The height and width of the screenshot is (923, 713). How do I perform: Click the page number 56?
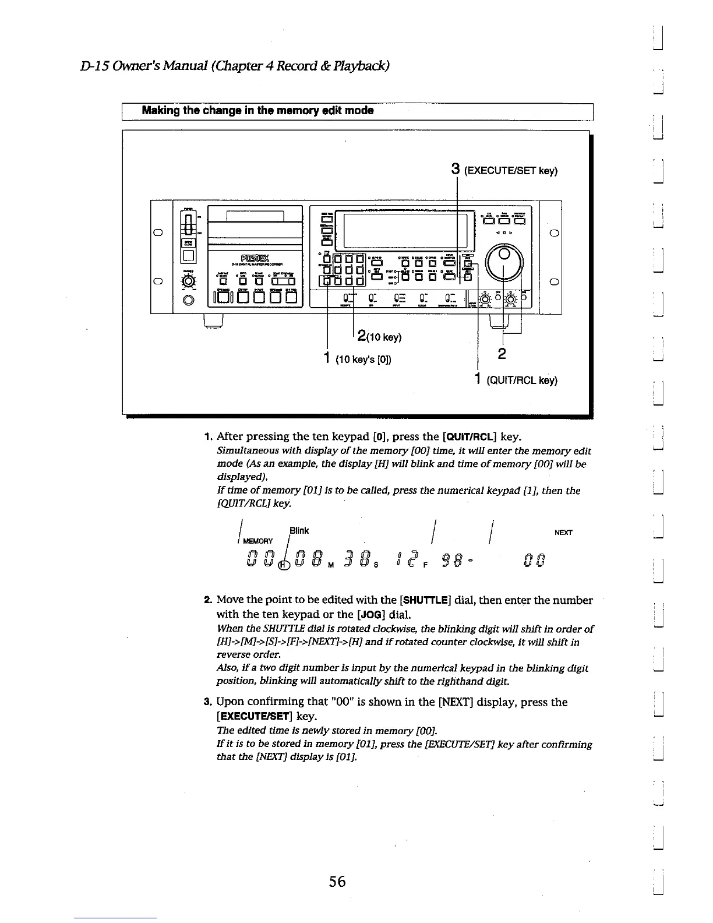pos(337,882)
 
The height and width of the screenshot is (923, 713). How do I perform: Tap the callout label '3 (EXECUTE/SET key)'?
pos(504,170)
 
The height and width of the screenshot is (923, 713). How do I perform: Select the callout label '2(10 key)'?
pos(379,337)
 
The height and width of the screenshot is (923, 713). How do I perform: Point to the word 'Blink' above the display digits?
pos(299,530)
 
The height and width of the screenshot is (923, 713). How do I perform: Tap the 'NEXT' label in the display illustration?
pos(563,532)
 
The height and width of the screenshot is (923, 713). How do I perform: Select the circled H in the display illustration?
pos(285,565)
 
